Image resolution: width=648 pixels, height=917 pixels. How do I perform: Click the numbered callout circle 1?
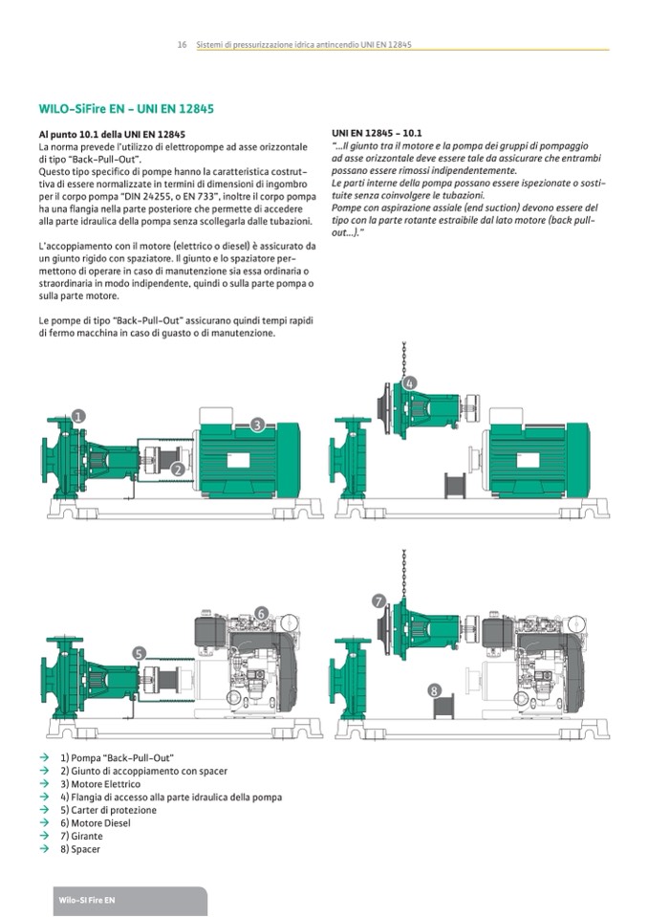(79, 416)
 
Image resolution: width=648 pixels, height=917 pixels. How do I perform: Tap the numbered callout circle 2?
(178, 469)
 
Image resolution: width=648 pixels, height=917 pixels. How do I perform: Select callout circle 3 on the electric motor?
(258, 426)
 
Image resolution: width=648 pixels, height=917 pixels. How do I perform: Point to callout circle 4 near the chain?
(410, 383)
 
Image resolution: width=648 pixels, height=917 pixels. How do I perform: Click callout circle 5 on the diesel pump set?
(139, 653)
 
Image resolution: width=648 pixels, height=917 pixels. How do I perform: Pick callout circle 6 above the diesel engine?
(261, 613)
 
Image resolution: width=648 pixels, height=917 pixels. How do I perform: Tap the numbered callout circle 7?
(379, 601)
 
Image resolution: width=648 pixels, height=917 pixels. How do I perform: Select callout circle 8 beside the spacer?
(434, 690)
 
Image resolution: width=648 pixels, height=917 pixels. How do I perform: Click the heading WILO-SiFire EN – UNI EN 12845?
(126, 109)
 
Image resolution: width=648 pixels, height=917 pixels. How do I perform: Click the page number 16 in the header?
(182, 44)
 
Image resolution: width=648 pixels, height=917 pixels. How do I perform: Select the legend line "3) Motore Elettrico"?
(100, 784)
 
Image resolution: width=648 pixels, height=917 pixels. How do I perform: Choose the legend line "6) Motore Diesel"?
(96, 823)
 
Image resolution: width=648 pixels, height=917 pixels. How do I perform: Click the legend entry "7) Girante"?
(81, 837)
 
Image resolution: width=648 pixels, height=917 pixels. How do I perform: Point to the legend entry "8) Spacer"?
(80, 849)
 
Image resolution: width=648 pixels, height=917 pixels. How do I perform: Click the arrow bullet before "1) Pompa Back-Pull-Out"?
(44, 757)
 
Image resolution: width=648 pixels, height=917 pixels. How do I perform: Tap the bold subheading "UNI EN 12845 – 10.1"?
(377, 133)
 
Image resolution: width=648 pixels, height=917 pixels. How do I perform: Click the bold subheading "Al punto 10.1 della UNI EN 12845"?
(112, 135)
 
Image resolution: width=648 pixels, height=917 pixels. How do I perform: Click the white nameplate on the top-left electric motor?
(238, 460)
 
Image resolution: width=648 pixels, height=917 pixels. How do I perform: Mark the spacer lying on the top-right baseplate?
(455, 486)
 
